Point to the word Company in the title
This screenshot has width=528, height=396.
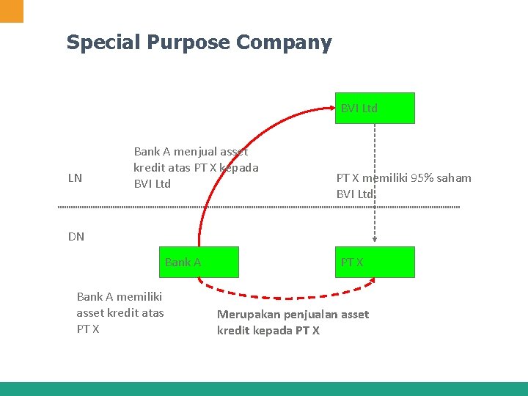pyautogui.click(x=284, y=43)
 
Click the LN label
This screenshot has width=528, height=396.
pyautogui.click(x=75, y=178)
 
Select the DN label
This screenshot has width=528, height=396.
pyautogui.click(x=76, y=236)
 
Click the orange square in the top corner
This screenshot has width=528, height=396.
pyautogui.click(x=12, y=10)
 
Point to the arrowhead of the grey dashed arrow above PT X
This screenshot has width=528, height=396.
pyautogui.click(x=375, y=238)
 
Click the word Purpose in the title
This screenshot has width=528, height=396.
pyautogui.click(x=190, y=43)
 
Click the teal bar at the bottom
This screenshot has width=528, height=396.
pyautogui.click(x=264, y=389)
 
